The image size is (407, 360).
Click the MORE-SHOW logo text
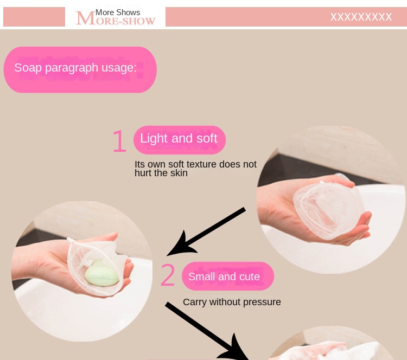(116, 18)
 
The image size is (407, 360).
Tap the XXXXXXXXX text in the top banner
(361, 17)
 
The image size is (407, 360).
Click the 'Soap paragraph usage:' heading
(75, 68)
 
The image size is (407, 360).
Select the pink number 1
(119, 141)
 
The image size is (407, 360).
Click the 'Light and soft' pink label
(180, 140)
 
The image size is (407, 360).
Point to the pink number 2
(168, 275)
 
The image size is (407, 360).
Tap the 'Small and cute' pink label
(227, 276)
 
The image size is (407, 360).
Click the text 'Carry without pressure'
(232, 302)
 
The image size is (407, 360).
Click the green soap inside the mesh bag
(102, 274)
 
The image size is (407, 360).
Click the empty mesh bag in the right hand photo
(328, 209)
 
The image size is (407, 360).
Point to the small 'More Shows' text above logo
(118, 12)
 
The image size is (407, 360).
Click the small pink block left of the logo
(34, 17)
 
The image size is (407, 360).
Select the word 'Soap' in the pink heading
(28, 68)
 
